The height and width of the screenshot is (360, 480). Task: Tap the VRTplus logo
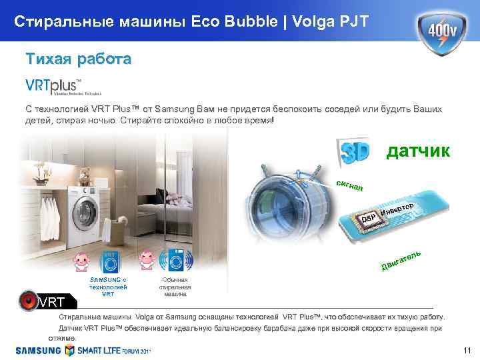53,87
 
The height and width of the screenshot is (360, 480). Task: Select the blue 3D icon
353,151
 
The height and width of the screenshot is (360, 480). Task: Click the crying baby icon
148,261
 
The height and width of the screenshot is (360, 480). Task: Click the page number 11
466,351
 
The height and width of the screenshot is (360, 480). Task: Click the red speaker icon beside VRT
29,302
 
